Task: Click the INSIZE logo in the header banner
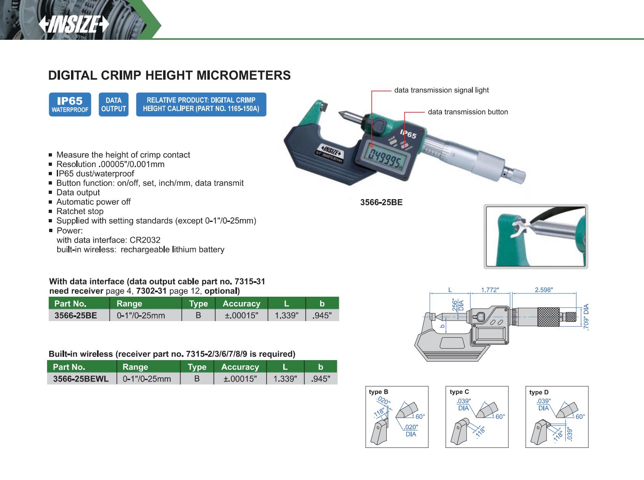click(74, 24)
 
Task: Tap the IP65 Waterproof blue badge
click(70, 104)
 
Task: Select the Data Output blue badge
click(114, 104)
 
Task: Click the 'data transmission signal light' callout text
click(442, 90)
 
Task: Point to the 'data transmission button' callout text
click(468, 112)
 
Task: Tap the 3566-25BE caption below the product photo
click(381, 202)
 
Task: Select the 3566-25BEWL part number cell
click(81, 379)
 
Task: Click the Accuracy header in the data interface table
click(241, 304)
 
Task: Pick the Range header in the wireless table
click(135, 367)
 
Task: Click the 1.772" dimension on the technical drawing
click(490, 290)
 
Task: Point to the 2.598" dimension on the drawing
click(544, 290)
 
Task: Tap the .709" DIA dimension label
click(586, 317)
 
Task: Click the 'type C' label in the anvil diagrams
click(459, 392)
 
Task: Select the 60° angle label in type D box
click(580, 417)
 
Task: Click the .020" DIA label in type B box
click(411, 430)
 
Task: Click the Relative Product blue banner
click(201, 104)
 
